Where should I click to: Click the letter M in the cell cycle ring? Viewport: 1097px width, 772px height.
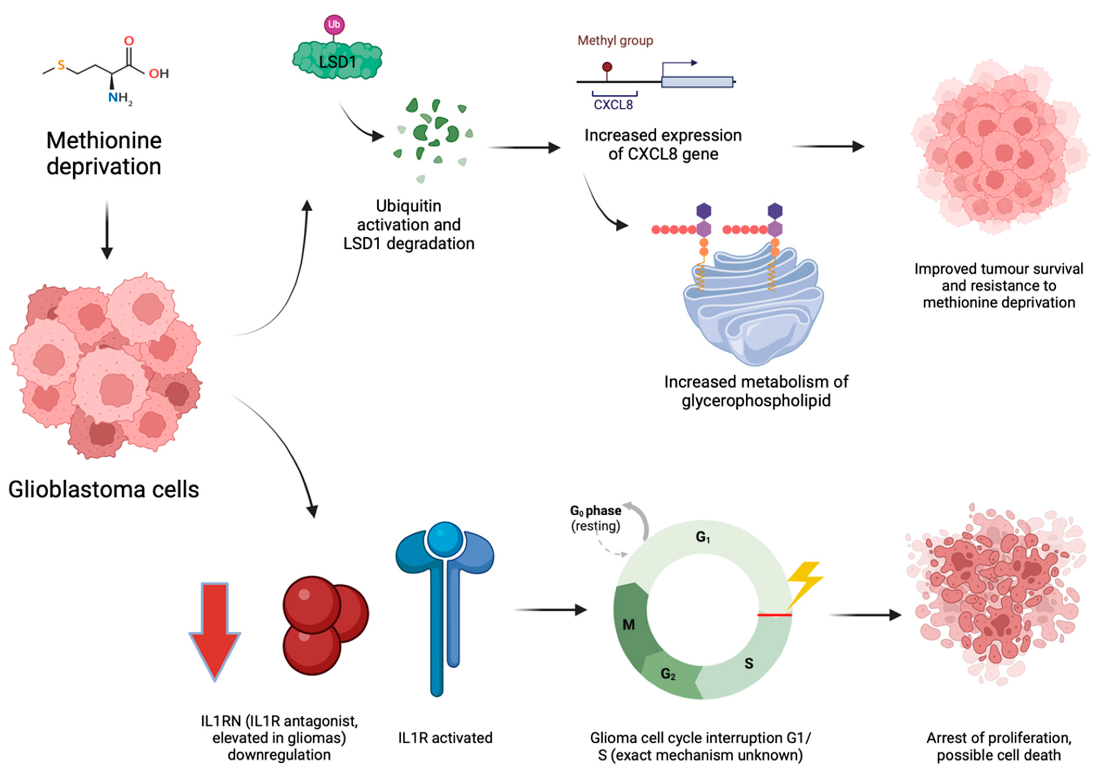629,625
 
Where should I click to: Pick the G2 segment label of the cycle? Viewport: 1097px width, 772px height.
668,674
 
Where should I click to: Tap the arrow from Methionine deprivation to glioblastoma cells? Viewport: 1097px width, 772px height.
107,230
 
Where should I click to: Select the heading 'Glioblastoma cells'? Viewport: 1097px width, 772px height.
104,490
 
